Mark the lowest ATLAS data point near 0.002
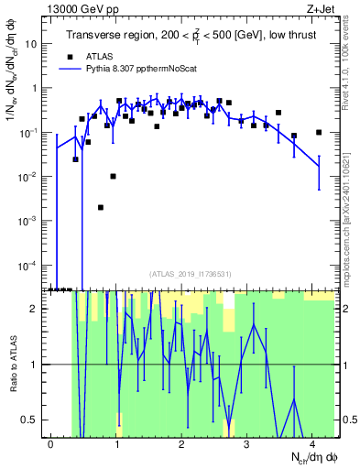click(x=101, y=207)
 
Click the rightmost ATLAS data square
click(x=319, y=132)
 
